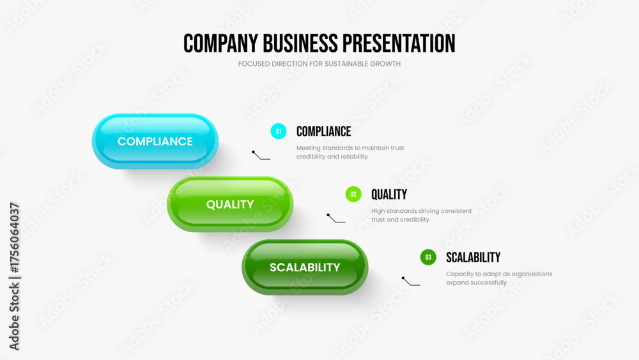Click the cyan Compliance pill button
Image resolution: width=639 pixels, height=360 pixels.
tap(155, 141)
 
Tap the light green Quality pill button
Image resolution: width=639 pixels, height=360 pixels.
tap(230, 204)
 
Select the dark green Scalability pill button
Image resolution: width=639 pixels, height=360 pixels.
tap(305, 267)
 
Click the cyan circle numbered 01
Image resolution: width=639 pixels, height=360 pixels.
tap(279, 131)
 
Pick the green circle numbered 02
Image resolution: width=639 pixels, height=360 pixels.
tap(353, 194)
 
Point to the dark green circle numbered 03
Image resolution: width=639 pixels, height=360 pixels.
tap(428, 257)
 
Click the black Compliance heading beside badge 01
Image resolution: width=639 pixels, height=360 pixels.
tap(323, 131)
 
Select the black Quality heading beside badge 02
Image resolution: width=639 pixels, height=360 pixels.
tap(389, 194)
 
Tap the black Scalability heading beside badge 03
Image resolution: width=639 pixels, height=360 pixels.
tap(473, 257)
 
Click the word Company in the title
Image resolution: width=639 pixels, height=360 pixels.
tap(220, 43)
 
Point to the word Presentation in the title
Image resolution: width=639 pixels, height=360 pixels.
tap(399, 43)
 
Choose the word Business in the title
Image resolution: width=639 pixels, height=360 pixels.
tap(300, 43)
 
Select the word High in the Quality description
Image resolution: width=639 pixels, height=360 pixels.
tap(378, 211)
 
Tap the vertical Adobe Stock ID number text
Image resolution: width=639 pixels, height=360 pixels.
tap(14, 237)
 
